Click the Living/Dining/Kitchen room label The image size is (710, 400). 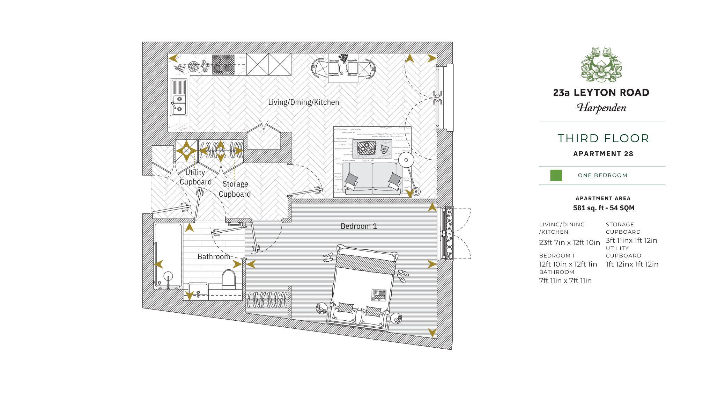point(303,102)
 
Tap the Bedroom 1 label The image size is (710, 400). point(358,226)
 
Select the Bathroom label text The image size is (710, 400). point(214,257)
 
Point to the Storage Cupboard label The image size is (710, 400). point(235,189)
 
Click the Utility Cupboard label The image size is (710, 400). point(195,177)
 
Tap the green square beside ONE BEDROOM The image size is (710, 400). point(556,175)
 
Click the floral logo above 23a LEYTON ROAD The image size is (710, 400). point(601,65)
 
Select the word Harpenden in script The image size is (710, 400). point(601,108)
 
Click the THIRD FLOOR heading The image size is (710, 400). point(603,138)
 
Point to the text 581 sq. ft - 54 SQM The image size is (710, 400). point(604,208)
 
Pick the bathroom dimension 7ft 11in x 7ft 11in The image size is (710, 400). point(565,281)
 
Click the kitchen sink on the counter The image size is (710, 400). point(178,97)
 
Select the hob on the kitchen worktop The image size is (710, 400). point(223,65)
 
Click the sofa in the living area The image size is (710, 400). point(372,178)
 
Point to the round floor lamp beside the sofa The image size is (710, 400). point(406,160)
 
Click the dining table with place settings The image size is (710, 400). point(343,68)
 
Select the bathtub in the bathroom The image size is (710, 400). point(168,256)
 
